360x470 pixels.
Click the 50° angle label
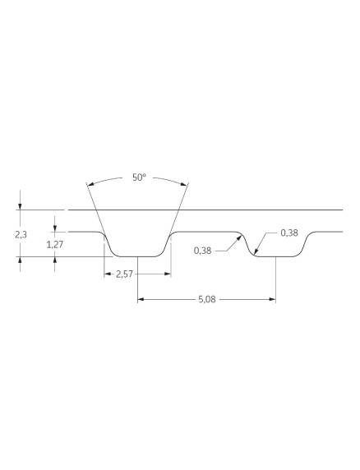(139, 177)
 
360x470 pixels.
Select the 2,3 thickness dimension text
(21, 235)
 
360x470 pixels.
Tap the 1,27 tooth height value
(55, 245)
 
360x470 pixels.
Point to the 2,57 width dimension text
(124, 274)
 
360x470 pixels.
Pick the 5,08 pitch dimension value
(207, 299)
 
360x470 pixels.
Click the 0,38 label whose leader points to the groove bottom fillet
(289, 233)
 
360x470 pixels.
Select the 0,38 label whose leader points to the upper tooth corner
(203, 251)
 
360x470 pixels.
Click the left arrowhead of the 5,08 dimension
(141, 299)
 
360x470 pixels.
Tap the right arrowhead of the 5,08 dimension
(272, 299)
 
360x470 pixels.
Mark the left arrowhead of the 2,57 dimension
(108, 274)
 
